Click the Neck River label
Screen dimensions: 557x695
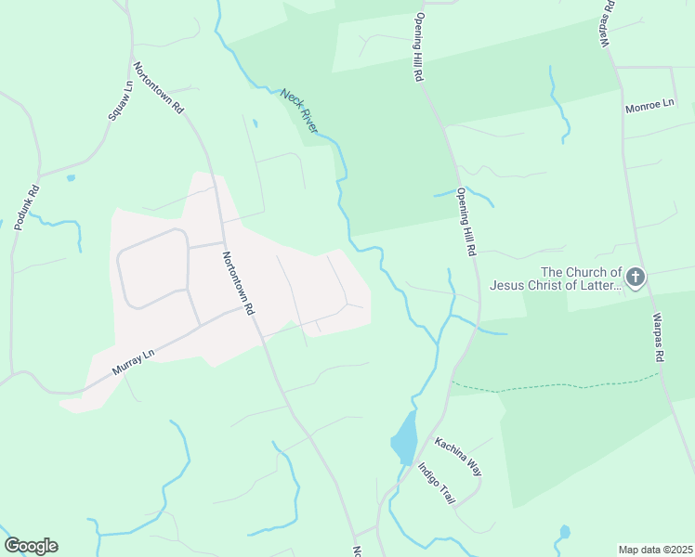(x=299, y=110)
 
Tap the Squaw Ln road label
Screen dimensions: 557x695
(x=120, y=98)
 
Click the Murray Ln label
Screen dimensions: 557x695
(x=132, y=361)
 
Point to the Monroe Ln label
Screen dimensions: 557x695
(x=649, y=106)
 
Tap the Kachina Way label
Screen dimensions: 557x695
(x=458, y=456)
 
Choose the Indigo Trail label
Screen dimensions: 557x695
(x=436, y=483)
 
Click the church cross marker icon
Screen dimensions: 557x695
(x=636, y=278)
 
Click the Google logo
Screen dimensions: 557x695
(x=31, y=546)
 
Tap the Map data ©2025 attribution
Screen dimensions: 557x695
(x=655, y=550)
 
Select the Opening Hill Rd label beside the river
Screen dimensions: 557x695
(x=466, y=222)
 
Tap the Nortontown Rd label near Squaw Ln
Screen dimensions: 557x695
(x=159, y=88)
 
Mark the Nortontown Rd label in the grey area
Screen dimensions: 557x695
(x=238, y=284)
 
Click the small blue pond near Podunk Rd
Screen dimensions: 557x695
(x=72, y=176)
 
